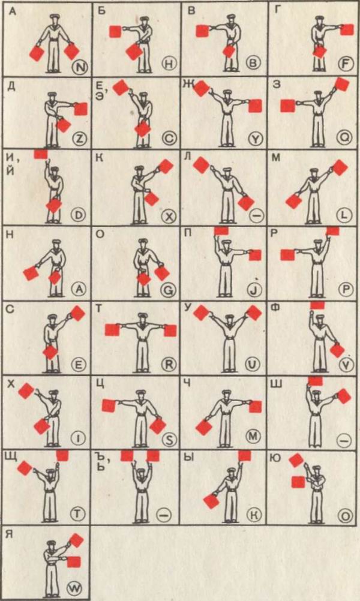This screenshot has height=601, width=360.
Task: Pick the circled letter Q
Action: coord(344,139)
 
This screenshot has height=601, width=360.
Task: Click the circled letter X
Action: coord(169,217)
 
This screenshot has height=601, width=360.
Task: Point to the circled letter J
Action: coord(255,290)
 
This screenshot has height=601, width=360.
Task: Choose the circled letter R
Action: coord(169,364)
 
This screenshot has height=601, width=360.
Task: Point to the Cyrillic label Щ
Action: coord(11,457)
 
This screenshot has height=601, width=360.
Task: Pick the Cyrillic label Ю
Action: coord(275,457)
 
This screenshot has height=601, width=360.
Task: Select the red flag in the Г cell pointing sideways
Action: coord(347,29)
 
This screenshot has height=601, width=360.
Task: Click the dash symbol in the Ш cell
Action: coord(344,441)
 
